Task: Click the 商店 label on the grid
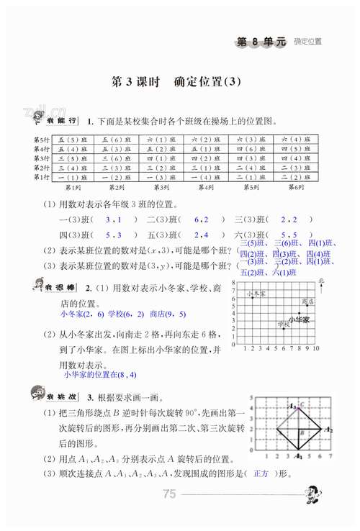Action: (x=309, y=301)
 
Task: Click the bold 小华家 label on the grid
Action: (x=299, y=317)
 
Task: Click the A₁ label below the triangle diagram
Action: (x=298, y=456)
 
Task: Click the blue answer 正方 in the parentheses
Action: (x=261, y=494)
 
